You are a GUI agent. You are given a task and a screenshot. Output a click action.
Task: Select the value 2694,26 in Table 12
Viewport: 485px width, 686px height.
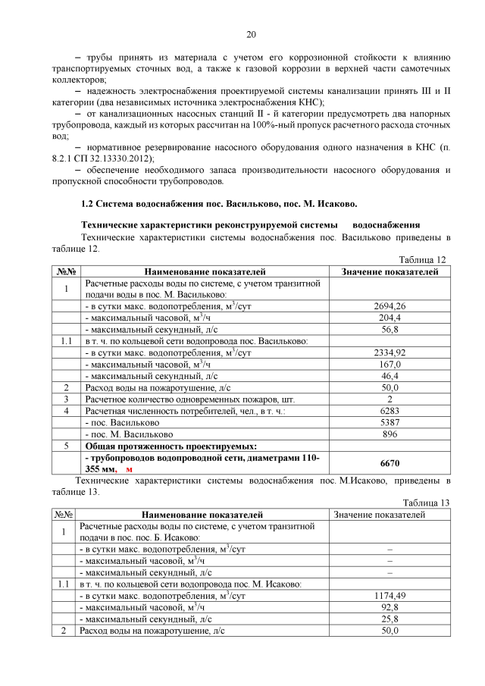click(x=390, y=305)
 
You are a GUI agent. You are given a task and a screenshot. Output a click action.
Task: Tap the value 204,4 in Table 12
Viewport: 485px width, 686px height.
click(x=390, y=318)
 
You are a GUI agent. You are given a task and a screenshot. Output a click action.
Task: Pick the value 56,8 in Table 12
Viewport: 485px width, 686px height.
click(x=390, y=329)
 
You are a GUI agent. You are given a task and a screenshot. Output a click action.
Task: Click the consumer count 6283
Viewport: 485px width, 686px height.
click(x=390, y=411)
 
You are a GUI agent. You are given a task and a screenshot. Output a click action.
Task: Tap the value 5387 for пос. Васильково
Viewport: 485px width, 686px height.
click(x=390, y=422)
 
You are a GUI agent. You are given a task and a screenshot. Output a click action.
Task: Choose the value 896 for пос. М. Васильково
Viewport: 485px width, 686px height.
click(x=390, y=434)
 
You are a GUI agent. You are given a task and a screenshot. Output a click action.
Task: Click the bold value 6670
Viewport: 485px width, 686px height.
click(x=390, y=464)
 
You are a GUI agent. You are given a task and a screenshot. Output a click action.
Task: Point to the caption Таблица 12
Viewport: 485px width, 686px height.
click(x=424, y=259)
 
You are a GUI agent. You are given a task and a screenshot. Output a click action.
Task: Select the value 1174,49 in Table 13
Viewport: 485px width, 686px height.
click(x=390, y=596)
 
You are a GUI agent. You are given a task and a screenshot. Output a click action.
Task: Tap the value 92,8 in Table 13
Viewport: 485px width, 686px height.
click(x=390, y=607)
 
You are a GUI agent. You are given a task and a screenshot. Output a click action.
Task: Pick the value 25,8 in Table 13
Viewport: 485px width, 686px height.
click(x=390, y=619)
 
